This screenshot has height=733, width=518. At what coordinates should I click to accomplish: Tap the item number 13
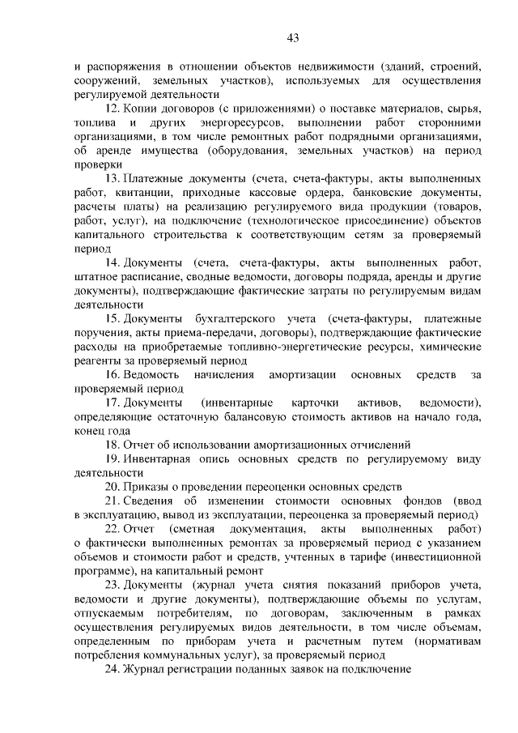coord(113,178)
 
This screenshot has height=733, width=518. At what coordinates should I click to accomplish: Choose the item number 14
coord(113,262)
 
